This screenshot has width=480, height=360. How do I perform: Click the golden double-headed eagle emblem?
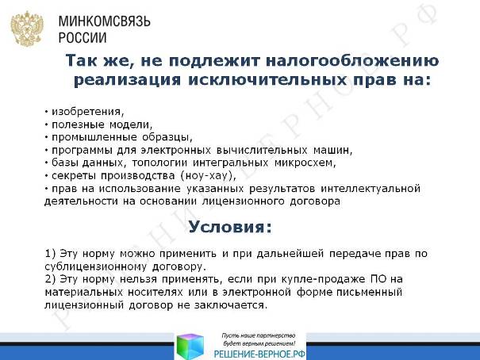coord(27,29)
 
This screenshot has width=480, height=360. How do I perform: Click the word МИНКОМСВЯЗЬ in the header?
coord(105,21)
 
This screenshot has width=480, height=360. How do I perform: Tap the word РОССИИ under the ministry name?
coord(83,37)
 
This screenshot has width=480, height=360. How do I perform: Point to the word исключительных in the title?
coord(267,80)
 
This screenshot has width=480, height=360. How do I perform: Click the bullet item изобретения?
coord(88,112)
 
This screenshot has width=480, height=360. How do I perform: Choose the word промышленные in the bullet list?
coord(94,137)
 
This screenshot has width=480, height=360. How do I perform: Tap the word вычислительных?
coord(262,150)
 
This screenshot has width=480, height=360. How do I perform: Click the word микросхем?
coord(305,163)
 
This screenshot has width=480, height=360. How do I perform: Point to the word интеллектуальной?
coord(371,189)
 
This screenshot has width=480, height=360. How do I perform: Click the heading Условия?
coord(230,227)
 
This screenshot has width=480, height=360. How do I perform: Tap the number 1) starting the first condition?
coord(50,254)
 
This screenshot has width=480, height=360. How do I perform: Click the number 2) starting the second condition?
coord(50,279)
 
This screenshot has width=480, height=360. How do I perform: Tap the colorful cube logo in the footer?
coord(190,347)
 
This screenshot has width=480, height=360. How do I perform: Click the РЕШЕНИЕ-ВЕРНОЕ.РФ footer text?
coord(259,354)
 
